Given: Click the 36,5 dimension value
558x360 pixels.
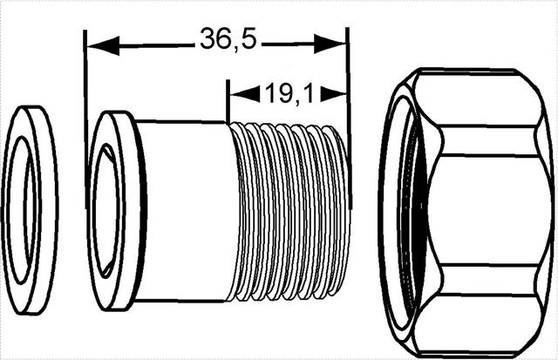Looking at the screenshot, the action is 228,38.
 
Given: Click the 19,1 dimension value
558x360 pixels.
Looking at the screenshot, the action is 290,94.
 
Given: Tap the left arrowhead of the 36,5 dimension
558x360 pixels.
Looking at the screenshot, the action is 103,46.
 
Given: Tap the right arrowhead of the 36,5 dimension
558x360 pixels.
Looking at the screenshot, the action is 330,44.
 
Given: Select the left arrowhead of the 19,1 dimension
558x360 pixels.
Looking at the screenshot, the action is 245,94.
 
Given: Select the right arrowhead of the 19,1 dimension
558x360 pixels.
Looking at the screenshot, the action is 333,94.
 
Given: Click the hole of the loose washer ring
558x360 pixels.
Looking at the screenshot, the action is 21,210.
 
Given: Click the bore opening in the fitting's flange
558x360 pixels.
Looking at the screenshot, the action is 106,211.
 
